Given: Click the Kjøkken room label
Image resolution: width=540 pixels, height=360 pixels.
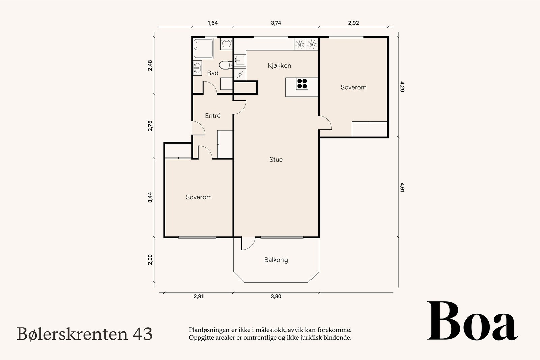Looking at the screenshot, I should tap(279, 66).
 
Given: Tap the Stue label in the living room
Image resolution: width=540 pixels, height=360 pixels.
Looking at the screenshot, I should tap(276, 160).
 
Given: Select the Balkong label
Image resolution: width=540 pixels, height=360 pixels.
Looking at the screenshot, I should tap(276, 260).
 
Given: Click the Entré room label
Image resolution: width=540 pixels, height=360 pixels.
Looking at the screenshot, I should tap(213, 116).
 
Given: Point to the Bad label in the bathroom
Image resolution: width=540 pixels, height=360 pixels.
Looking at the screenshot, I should tap(213, 73).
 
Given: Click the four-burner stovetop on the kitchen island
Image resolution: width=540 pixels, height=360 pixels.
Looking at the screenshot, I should tap(302, 84).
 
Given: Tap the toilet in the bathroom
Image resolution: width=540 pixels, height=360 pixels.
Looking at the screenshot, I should tap(224, 64).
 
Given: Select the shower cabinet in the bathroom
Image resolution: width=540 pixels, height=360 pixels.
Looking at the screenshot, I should tap(203, 49).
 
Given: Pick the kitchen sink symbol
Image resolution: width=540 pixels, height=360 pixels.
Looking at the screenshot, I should tap(239, 60).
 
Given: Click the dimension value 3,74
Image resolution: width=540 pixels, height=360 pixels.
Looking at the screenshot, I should tap(276, 23).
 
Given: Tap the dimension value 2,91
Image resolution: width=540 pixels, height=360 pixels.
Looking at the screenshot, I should tap(198, 297).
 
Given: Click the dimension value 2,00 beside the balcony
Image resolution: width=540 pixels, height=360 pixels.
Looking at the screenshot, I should tap(150, 259).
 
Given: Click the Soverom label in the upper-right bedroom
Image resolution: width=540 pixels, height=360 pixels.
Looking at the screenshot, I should tap(353, 87).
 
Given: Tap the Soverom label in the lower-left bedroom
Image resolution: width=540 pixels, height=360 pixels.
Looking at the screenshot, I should tap(198, 197).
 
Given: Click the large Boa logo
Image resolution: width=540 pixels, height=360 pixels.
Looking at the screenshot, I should tap(472, 322).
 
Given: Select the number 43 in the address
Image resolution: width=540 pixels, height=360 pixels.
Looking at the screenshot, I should tap(143, 334).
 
